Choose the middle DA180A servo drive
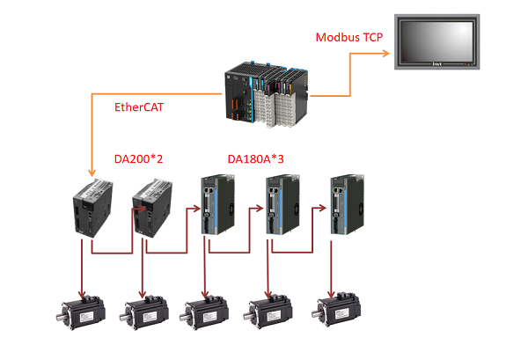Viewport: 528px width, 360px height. (x=277, y=205)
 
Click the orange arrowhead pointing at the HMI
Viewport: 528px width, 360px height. (x=387, y=52)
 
